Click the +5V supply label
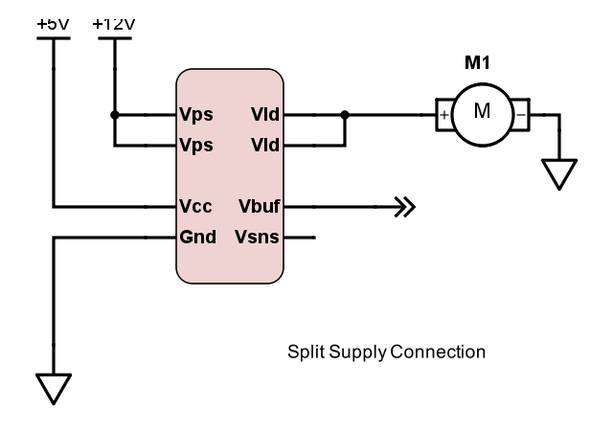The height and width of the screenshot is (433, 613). pyautogui.click(x=53, y=22)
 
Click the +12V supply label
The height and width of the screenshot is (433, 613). pyautogui.click(x=114, y=22)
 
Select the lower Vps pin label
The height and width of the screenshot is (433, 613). pyautogui.click(x=195, y=147)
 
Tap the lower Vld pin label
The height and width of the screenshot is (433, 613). pyautogui.click(x=264, y=147)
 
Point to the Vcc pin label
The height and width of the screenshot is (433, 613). pyautogui.click(x=195, y=206)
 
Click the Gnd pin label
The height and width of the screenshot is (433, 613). pyautogui.click(x=197, y=237)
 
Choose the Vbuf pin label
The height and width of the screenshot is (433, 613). pyautogui.click(x=259, y=206)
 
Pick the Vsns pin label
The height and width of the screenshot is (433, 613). pyautogui.click(x=258, y=237)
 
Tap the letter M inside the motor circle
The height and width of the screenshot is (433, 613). pyautogui.click(x=482, y=111)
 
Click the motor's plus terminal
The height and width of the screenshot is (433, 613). pyautogui.click(x=443, y=115)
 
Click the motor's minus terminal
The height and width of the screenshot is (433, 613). pyautogui.click(x=520, y=115)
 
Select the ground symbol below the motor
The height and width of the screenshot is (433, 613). pyautogui.click(x=558, y=174)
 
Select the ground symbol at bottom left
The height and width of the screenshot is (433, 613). pyautogui.click(x=54, y=388)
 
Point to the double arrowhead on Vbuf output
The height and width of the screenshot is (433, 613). pyautogui.click(x=405, y=206)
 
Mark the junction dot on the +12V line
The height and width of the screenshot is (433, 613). pyautogui.click(x=114, y=115)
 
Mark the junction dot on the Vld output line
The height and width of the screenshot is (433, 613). pyautogui.click(x=344, y=115)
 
